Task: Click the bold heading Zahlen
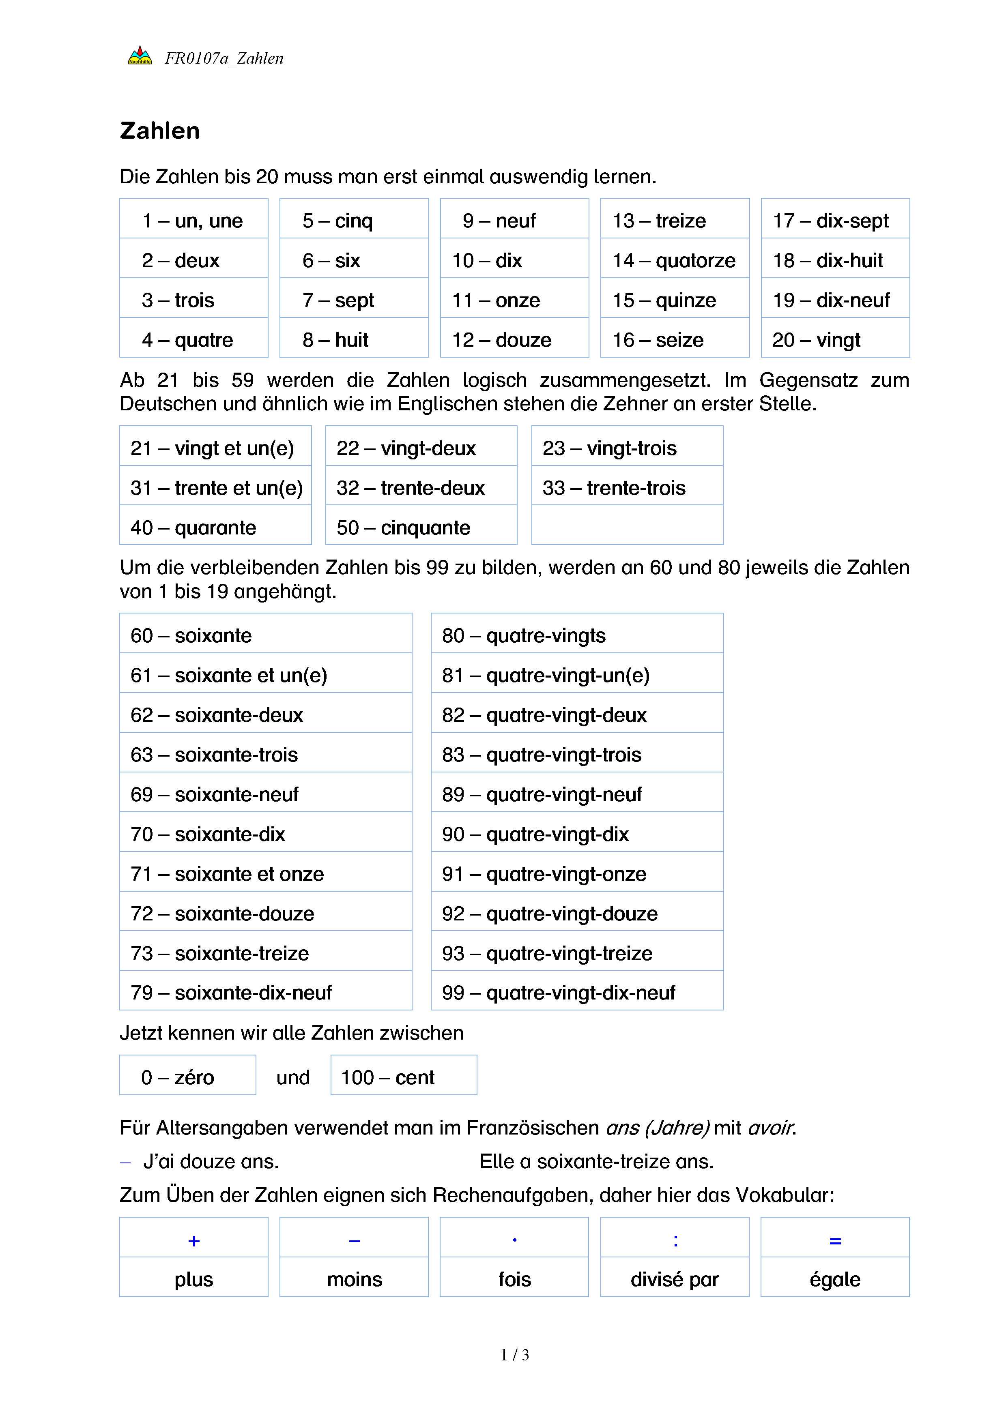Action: coord(160,131)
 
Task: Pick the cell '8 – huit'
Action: coord(354,339)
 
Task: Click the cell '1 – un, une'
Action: coord(193,221)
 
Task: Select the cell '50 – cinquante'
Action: coord(421,527)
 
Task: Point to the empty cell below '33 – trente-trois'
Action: coord(627,525)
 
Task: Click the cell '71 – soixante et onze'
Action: coord(265,873)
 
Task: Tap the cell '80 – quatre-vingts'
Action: coord(577,635)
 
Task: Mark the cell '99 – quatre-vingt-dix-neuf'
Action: coord(577,992)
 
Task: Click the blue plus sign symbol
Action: coord(194,1240)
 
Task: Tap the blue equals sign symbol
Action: coord(835,1240)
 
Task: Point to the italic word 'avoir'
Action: coord(771,1128)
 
